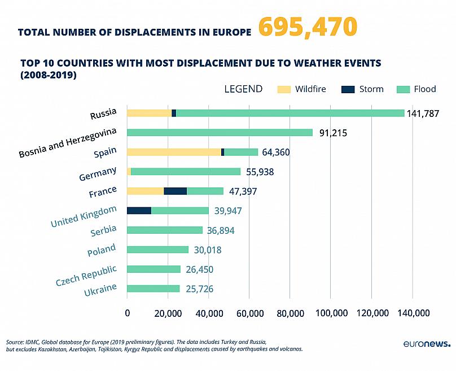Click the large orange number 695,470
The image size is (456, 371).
[x=308, y=27]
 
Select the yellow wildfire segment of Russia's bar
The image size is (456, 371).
[x=149, y=113]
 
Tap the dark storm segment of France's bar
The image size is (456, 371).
[x=175, y=191]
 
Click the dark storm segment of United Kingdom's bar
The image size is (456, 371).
[x=139, y=211]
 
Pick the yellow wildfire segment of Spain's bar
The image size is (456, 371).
[x=174, y=152]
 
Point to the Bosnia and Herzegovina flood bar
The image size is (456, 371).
[x=220, y=133]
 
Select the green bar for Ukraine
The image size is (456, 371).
[x=154, y=289]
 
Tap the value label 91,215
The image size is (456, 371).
[x=332, y=133]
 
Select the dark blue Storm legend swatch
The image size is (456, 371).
[x=348, y=89]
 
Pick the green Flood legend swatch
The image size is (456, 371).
[x=403, y=89]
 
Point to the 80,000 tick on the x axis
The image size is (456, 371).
[x=290, y=313]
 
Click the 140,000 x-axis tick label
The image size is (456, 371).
[x=412, y=313]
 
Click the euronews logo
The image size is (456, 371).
[x=427, y=343]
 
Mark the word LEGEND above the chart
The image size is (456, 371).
[x=243, y=89]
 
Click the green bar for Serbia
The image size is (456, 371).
[x=165, y=230]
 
